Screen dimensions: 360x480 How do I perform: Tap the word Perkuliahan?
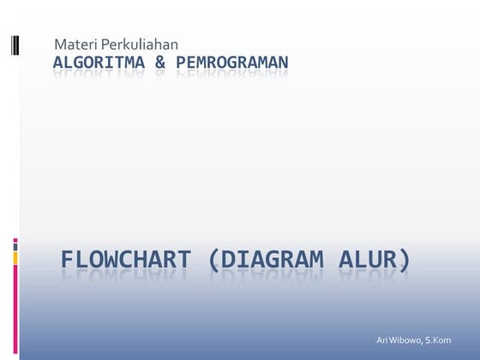coord(140,44)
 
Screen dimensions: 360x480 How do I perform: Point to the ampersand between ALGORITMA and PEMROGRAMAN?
coord(160,63)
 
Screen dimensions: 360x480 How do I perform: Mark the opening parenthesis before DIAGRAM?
coord(213,259)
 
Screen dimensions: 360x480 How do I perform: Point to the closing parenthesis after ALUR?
coord(405,259)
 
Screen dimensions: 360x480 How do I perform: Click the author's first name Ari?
coord(382,340)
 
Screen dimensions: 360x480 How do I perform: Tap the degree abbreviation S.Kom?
coord(438,340)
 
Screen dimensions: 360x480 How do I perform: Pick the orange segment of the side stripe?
coord(15,256)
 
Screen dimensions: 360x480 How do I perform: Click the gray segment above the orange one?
coord(15,243)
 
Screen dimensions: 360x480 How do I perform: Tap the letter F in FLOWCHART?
coord(68,259)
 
